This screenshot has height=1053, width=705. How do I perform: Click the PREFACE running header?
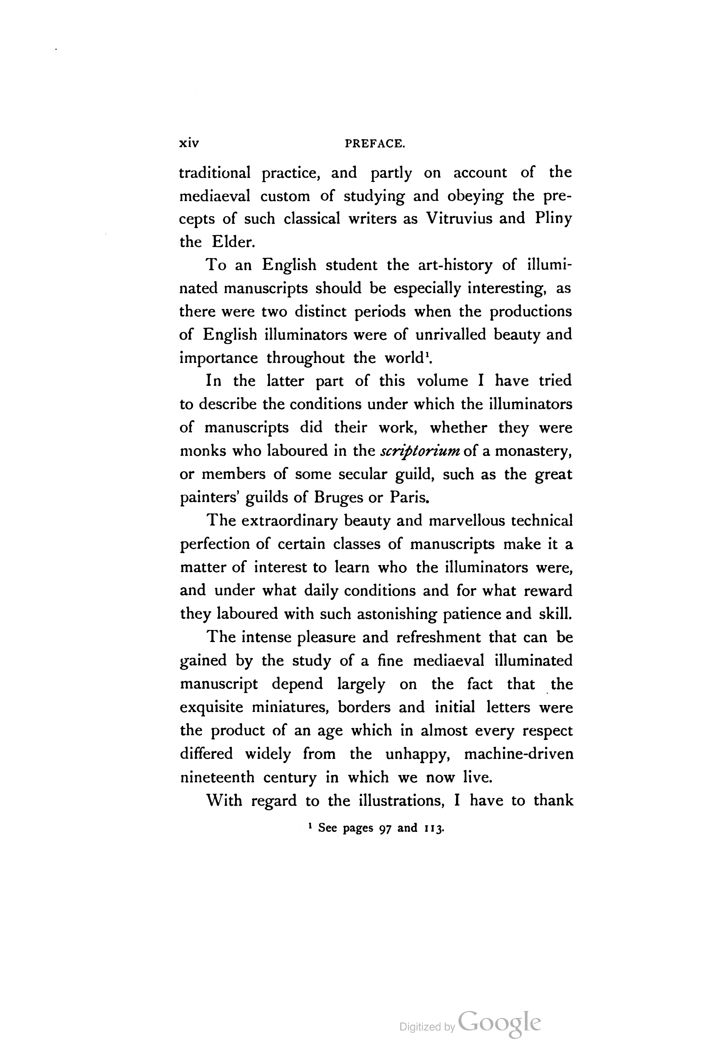(x=375, y=144)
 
